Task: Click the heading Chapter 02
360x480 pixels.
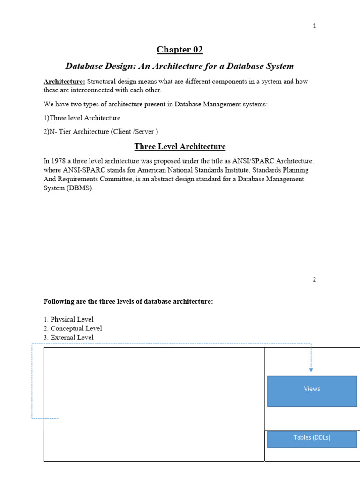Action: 180,50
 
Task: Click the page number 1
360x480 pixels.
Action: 315,26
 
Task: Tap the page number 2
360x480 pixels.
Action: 315,280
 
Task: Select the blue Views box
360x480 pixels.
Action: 312,391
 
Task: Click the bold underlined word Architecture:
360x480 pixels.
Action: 64,82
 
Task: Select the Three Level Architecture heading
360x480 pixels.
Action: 180,147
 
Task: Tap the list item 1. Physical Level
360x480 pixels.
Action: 68,320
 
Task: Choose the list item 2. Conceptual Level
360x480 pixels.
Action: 73,329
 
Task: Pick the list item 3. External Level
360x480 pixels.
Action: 68,337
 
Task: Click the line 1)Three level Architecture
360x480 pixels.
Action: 82,118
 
